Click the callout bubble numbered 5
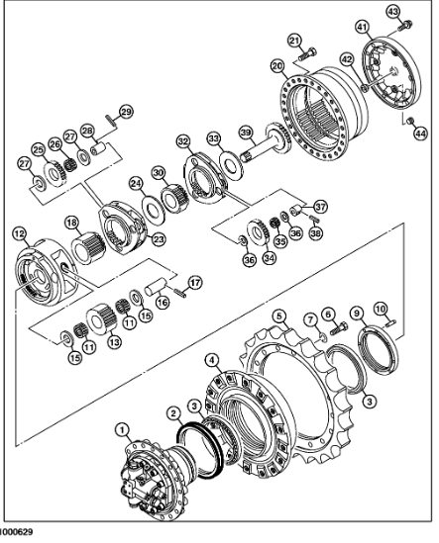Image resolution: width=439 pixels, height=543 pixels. pos(280,317)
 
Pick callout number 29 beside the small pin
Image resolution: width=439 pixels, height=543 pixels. pos(126,110)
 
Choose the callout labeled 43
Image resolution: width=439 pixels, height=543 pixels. pos(393,11)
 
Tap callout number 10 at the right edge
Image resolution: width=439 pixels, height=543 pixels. pos(380,309)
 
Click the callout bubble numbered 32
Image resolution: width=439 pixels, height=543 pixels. pos(182,141)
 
